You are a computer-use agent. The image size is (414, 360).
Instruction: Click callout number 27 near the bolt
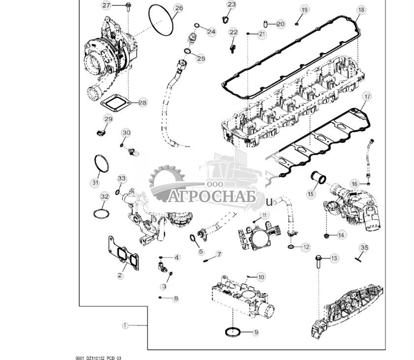coord(107,5)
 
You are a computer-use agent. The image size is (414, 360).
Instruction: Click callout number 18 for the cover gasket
coord(361,10)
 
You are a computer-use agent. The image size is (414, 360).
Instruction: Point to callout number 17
coord(366,97)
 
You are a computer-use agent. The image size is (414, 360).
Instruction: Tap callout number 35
coord(364,247)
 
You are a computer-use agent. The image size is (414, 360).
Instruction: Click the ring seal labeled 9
coord(233,332)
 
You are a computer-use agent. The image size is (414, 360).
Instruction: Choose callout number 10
coord(261,277)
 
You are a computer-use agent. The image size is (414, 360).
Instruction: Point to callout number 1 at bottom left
coord(125,326)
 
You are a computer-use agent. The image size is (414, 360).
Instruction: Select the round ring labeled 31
coord(101,163)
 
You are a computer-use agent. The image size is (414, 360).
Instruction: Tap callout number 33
coord(122,178)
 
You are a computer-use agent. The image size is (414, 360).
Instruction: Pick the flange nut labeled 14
coord(327,235)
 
